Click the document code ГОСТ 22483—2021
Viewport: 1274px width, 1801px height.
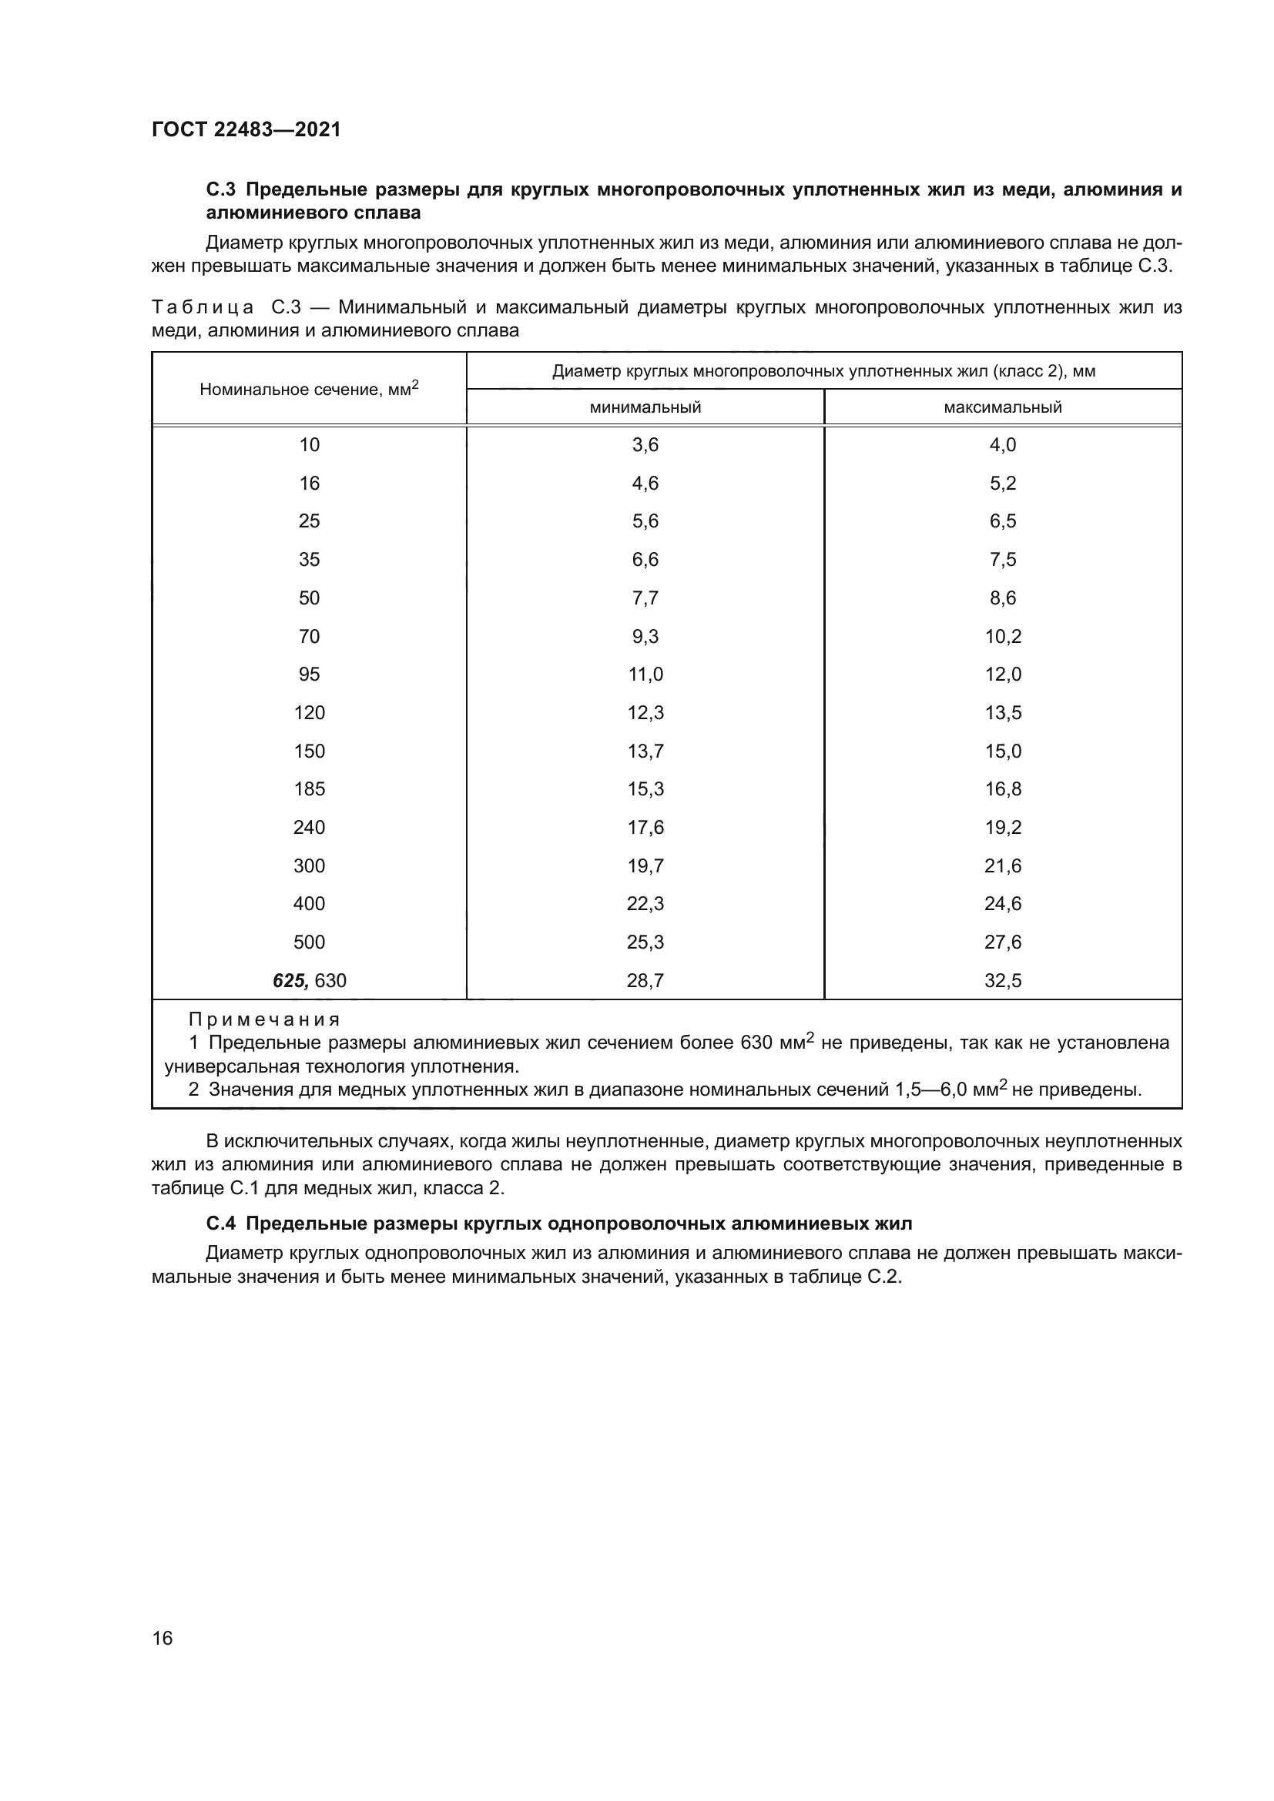pyautogui.click(x=246, y=129)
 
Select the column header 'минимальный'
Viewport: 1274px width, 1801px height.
pyautogui.click(x=645, y=407)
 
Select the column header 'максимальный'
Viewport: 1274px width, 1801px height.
pyautogui.click(x=1003, y=407)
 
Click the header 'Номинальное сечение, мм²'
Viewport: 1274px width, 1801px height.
pyautogui.click(x=309, y=389)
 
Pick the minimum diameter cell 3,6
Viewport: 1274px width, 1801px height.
pyautogui.click(x=645, y=445)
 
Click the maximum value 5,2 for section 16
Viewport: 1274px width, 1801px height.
pyautogui.click(x=1003, y=484)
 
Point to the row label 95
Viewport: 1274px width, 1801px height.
pyautogui.click(x=309, y=675)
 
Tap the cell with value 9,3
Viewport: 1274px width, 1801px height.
pyautogui.click(x=645, y=636)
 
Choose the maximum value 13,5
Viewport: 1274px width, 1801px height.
pyautogui.click(x=1003, y=713)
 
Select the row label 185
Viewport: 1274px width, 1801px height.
pyautogui.click(x=309, y=789)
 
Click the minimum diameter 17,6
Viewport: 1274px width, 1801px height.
pyautogui.click(x=645, y=828)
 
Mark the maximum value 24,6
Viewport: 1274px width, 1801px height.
pyautogui.click(x=1003, y=904)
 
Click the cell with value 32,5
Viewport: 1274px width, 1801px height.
pyautogui.click(x=1003, y=980)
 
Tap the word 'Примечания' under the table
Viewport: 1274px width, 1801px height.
pyautogui.click(x=264, y=1019)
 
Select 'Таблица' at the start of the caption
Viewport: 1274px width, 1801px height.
pyautogui.click(x=203, y=307)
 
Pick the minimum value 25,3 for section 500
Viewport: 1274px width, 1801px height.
pyautogui.click(x=645, y=942)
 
